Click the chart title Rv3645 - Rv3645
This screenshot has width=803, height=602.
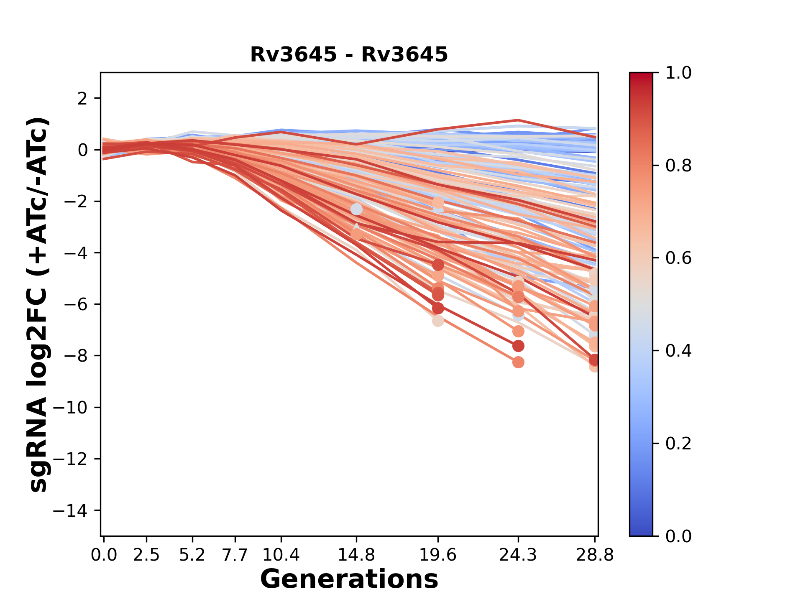pos(349,55)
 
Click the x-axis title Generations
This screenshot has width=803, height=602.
pos(349,579)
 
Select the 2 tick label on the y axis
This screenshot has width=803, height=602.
pos(83,99)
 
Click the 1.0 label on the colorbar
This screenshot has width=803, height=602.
pos(678,73)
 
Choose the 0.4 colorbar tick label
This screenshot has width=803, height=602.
pos(678,351)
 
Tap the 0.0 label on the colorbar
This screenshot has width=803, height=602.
pos(678,536)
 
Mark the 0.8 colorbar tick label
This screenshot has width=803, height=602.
pos(678,166)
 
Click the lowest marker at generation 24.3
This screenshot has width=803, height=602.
pos(518,362)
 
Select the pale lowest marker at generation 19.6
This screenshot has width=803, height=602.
pos(438,321)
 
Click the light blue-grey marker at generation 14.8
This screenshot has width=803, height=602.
pos(356,209)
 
